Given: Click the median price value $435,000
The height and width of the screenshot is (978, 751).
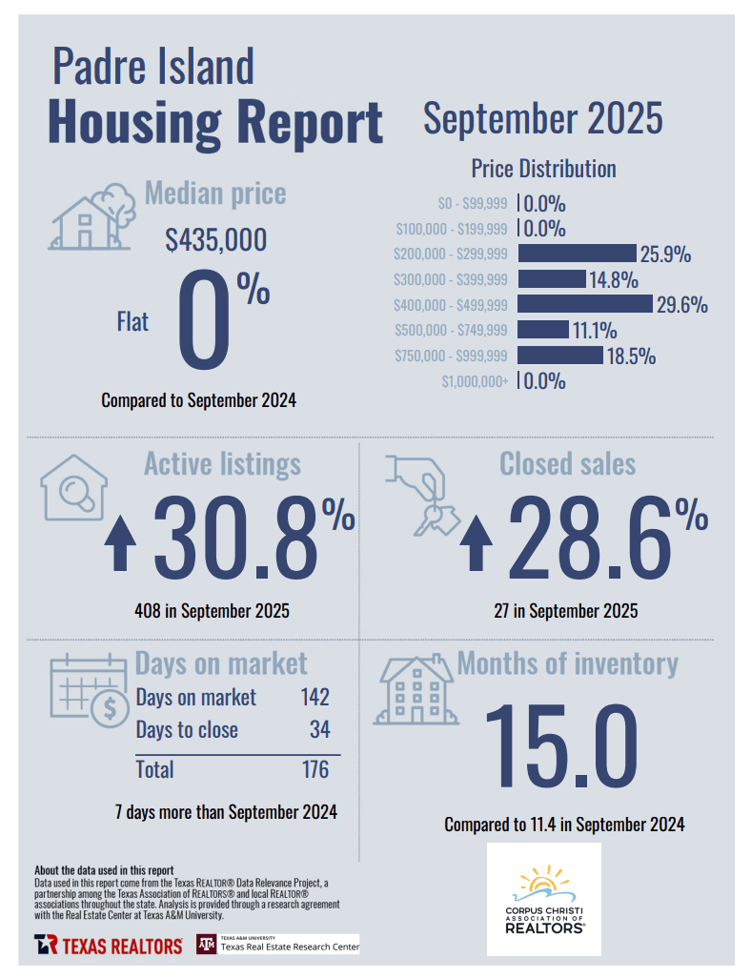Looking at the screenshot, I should pos(215,240).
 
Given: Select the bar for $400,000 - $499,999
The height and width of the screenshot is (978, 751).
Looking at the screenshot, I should pos(585,304).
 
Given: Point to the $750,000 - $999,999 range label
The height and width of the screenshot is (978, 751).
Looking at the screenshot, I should pos(451,357).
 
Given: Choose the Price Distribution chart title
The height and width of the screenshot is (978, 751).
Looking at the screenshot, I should pos(543,169).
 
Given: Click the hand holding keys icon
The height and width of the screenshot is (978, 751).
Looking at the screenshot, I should pos(422,494).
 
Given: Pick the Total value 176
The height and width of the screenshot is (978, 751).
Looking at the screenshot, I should pos(315,769).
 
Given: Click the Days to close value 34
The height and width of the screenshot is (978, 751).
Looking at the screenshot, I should pos(319,730).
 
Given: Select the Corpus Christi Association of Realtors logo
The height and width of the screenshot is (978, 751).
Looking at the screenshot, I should pos(544,899).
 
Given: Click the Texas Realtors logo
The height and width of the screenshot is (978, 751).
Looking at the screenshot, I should pos(109,945).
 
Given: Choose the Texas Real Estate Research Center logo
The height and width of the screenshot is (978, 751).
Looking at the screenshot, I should pos(277,944).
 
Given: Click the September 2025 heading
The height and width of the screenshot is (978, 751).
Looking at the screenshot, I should pos(542,120).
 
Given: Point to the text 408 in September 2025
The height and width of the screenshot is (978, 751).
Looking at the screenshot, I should pos(213,611).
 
